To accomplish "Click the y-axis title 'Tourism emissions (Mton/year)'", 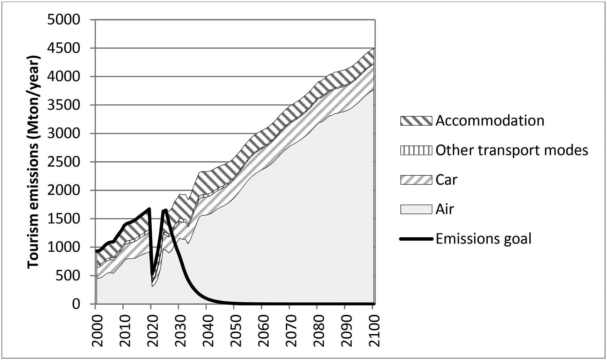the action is click(x=34, y=162).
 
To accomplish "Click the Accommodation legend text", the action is click(x=490, y=121).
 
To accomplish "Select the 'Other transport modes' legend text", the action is click(x=512, y=150).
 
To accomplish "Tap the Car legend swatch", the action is click(x=416, y=180).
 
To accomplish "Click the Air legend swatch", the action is click(x=416, y=209).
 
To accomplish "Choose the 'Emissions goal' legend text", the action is click(x=484, y=239).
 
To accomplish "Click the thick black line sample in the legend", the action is click(x=416, y=239).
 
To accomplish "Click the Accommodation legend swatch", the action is click(x=416, y=121).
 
